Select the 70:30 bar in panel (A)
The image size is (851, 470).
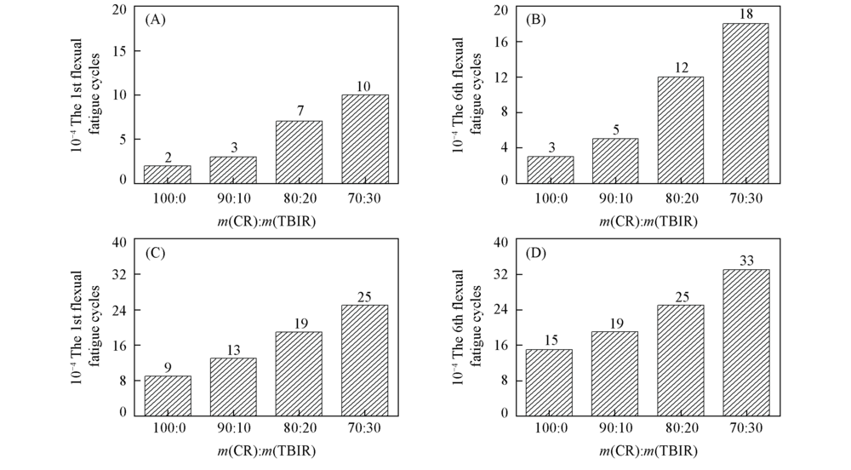tap(364, 138)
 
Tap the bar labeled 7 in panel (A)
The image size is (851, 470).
tap(298, 151)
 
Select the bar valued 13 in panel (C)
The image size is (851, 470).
tap(233, 385)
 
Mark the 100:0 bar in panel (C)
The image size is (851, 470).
tap(167, 394)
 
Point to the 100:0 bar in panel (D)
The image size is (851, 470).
tap(549, 381)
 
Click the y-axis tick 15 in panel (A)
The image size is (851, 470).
tap(119, 50)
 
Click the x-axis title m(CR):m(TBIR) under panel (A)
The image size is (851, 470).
tap(266, 222)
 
